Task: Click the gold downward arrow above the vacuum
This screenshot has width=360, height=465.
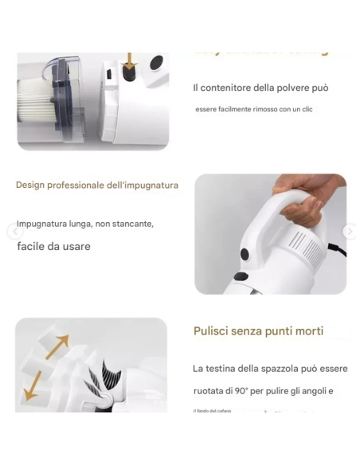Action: (x=129, y=61)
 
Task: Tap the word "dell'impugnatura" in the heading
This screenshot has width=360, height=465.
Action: (x=143, y=186)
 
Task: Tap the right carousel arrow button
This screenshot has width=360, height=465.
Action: (x=348, y=232)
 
